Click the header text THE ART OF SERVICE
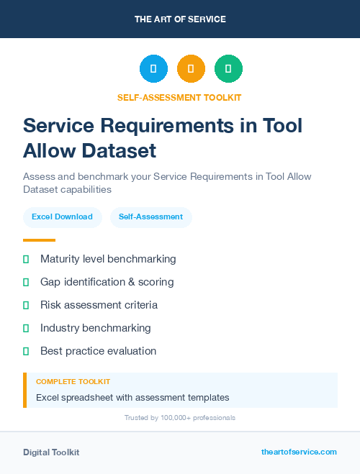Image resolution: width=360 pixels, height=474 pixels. click(x=180, y=19)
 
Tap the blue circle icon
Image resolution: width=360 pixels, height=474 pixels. click(x=153, y=69)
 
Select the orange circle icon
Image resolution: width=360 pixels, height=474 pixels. click(x=191, y=69)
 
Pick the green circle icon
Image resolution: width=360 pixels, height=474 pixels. click(x=228, y=69)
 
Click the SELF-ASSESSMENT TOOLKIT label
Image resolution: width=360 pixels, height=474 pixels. click(x=179, y=97)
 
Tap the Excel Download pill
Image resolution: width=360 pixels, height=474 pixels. click(x=62, y=217)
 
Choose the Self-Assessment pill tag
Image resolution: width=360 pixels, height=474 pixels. click(x=150, y=217)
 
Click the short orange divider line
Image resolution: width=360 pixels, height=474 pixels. click(x=39, y=240)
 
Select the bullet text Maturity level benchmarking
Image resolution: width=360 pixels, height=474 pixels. click(x=108, y=259)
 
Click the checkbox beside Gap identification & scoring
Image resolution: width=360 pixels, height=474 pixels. click(x=26, y=282)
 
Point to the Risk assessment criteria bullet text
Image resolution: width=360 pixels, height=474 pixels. click(x=99, y=305)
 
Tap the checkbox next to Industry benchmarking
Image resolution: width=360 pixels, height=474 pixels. click(x=26, y=328)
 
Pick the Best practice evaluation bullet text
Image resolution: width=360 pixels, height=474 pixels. click(x=98, y=351)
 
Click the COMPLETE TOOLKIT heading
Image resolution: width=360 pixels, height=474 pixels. click(x=73, y=382)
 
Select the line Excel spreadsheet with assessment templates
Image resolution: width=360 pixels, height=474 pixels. click(x=132, y=397)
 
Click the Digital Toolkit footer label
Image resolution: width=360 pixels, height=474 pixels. click(x=51, y=452)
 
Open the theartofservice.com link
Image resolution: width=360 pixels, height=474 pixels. click(x=299, y=452)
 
